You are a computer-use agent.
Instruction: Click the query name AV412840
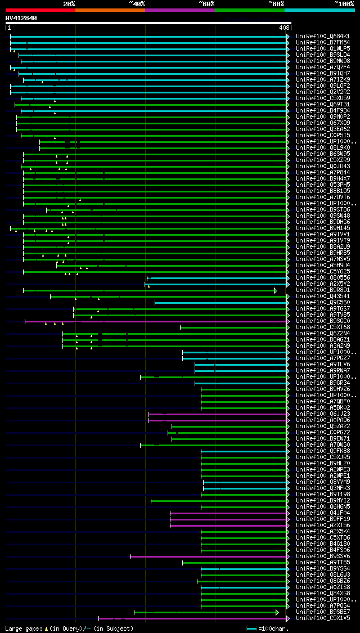21,18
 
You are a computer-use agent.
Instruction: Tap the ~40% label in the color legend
137,3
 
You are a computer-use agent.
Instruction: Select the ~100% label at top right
344,3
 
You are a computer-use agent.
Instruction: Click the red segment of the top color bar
40,10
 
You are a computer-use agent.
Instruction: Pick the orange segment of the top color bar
110,10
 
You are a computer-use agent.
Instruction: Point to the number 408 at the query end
283,28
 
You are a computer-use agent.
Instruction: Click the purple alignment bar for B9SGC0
169,321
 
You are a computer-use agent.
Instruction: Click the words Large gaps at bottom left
19,628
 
